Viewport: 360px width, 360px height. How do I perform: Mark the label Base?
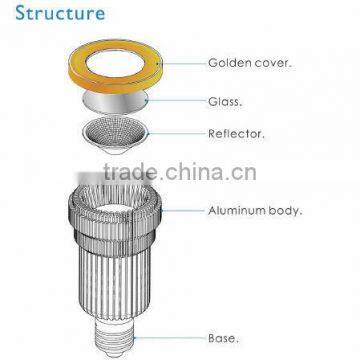point(221,338)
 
